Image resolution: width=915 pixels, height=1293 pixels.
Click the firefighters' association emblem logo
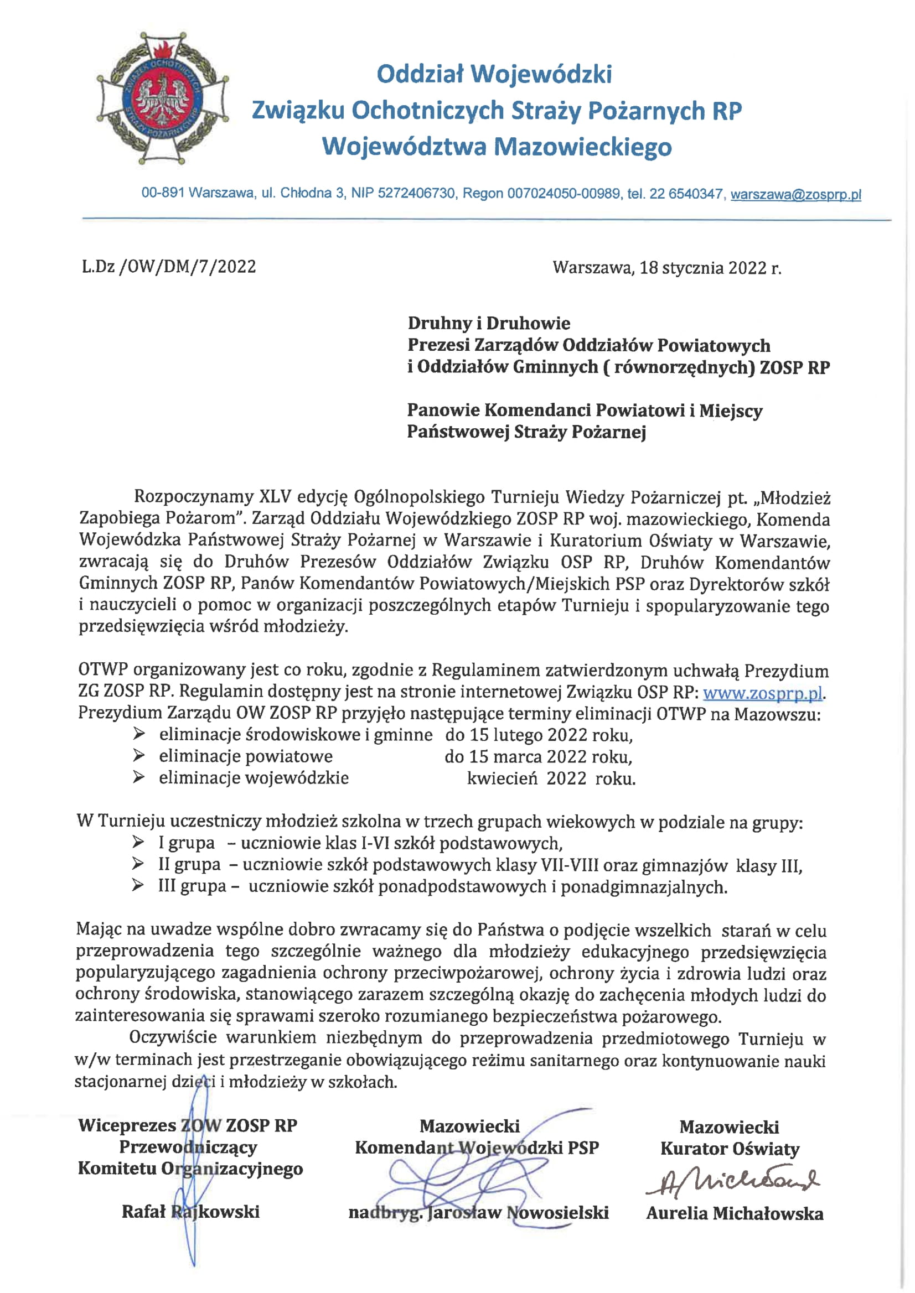click(x=163, y=99)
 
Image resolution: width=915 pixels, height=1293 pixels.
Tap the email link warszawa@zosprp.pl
click(x=795, y=195)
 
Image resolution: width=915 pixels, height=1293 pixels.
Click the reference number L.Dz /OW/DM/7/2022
click(x=169, y=266)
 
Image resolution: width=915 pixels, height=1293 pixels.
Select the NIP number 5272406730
click(x=416, y=194)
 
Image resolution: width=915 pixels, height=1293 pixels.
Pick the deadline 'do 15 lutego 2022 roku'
click(x=539, y=735)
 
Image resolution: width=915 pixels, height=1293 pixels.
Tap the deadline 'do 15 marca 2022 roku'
click(x=538, y=757)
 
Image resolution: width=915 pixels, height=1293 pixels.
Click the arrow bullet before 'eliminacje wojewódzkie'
click(x=138, y=778)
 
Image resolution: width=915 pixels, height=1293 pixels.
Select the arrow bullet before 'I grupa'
click(x=138, y=843)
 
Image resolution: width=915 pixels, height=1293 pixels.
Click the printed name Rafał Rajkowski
click(x=190, y=1212)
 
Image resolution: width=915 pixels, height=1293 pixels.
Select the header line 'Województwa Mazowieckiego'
click(x=497, y=147)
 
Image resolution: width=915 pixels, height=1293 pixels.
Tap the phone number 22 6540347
click(x=686, y=194)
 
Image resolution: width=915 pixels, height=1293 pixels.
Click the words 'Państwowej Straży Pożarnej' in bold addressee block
click(x=526, y=432)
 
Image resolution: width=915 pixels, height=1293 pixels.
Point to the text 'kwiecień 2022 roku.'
click(x=551, y=779)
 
